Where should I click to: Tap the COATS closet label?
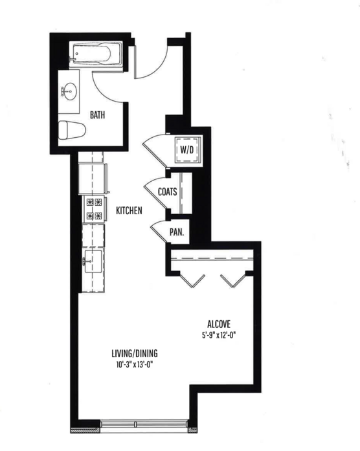168,192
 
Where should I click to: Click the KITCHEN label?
129,211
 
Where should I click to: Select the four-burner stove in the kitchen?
93,209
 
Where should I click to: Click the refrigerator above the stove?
92,178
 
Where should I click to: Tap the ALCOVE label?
219,324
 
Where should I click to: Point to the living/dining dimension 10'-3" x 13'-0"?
134,364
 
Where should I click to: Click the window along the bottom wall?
144,426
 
